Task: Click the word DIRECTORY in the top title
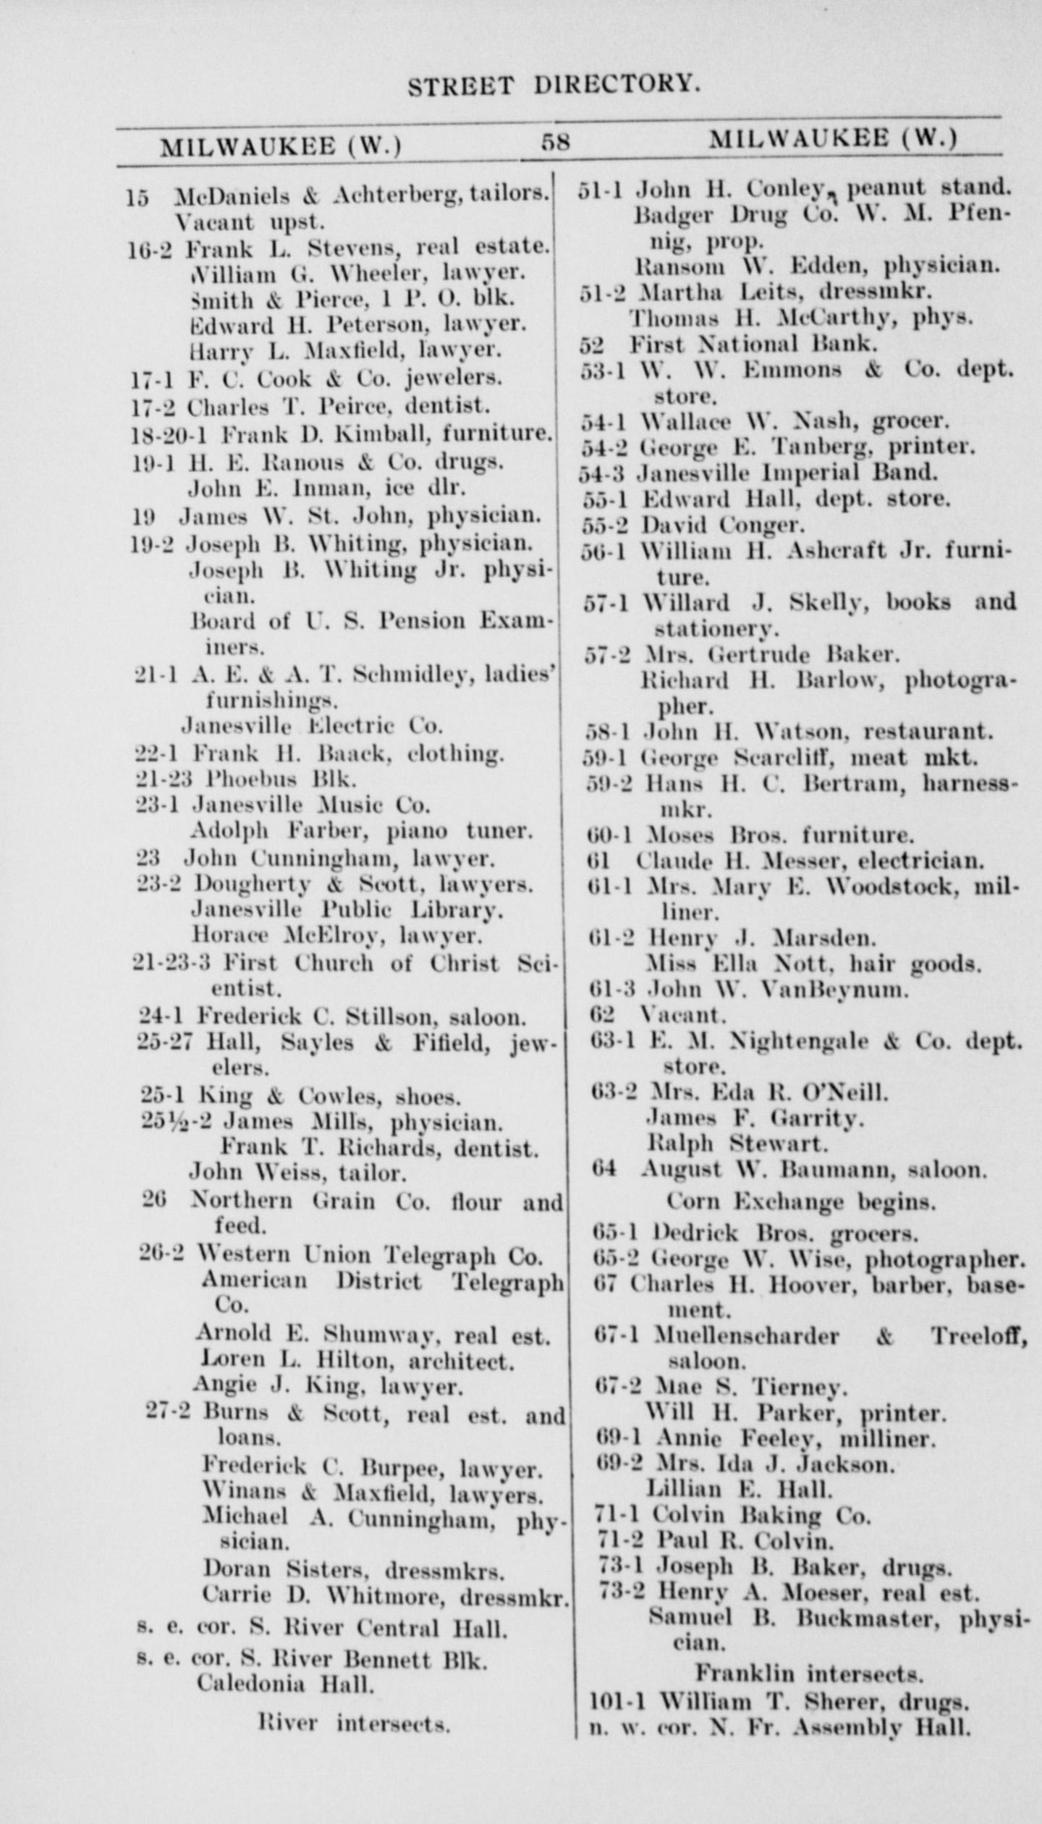click(617, 85)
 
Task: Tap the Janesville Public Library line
click(347, 909)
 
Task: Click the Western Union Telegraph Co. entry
click(370, 1254)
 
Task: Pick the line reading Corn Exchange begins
click(800, 1202)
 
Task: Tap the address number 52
click(591, 343)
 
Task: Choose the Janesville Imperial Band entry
click(786, 473)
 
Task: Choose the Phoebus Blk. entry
click(281, 779)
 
